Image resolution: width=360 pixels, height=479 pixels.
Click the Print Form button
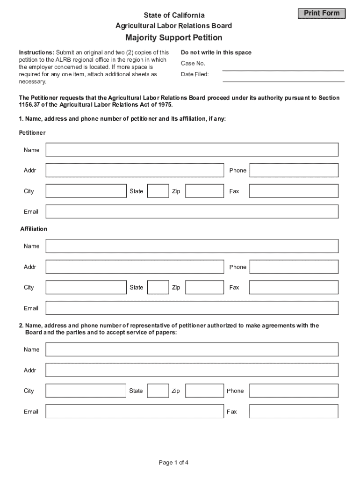click(x=322, y=14)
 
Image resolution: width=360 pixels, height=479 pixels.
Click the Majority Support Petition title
click(x=173, y=37)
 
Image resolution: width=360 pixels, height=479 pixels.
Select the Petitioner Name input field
click(x=192, y=150)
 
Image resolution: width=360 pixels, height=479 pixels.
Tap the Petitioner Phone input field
click(x=294, y=170)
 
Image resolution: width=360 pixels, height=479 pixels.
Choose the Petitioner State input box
click(x=158, y=191)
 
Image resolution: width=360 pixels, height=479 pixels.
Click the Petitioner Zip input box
click(x=205, y=191)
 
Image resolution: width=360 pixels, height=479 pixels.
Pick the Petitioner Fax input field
click(x=294, y=191)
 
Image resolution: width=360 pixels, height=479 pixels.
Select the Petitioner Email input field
click(x=192, y=211)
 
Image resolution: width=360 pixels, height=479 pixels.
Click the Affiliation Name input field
click(x=192, y=246)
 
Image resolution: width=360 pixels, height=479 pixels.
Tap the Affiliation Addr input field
click(x=135, y=267)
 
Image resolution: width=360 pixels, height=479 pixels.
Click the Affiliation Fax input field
click(x=294, y=287)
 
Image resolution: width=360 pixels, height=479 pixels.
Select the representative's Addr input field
click(x=192, y=370)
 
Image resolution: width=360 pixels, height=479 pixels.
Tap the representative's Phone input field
click(x=294, y=391)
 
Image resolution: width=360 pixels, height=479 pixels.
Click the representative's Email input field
click(x=135, y=411)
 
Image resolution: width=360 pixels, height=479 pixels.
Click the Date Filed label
click(x=195, y=74)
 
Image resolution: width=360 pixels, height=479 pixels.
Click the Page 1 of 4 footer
click(x=173, y=463)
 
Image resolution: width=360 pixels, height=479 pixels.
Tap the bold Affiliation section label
click(x=34, y=229)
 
